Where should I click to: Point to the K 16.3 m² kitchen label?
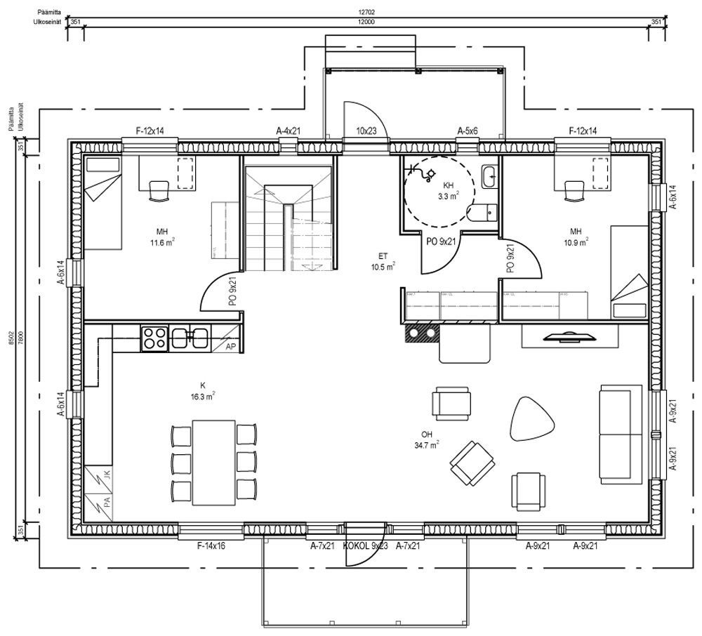[x=202, y=390]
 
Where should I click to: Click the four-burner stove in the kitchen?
[x=154, y=338]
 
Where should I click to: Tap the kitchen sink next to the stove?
[x=188, y=338]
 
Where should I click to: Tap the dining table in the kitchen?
[x=214, y=462]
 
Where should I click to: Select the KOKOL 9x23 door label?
[x=365, y=545]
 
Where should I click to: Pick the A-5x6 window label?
[x=468, y=131]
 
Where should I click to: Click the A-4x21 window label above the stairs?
[x=289, y=131]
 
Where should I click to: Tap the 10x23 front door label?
[x=366, y=131]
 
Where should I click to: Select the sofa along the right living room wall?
[x=621, y=434]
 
